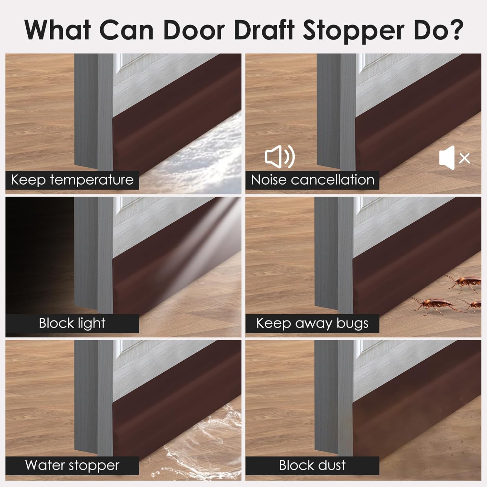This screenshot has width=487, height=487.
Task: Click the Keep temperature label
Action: [x=72, y=180]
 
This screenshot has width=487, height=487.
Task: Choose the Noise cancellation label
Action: [x=312, y=180]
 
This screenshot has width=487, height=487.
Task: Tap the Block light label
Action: [x=72, y=323]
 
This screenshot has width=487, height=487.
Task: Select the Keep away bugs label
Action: [x=312, y=323]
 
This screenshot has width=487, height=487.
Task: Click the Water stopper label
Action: [x=72, y=466]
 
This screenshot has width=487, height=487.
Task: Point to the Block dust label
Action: [x=312, y=466]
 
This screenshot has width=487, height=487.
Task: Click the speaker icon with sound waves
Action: [x=280, y=157]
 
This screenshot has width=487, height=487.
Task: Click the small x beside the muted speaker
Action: [x=465, y=158]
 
